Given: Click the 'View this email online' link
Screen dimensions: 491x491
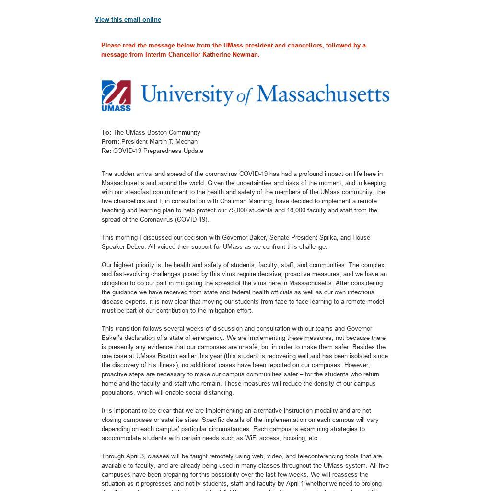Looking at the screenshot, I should pyautogui.click(x=128, y=20).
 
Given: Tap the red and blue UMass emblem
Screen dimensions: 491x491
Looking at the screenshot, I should pyautogui.click(x=116, y=95).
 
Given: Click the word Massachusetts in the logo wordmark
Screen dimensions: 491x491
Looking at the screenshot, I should pyautogui.click(x=323, y=94).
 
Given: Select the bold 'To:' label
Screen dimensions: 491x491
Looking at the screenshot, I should pyautogui.click(x=106, y=133).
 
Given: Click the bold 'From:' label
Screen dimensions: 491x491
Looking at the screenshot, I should pyautogui.click(x=110, y=142).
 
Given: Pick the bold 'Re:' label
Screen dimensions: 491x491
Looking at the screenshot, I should pyautogui.click(x=106, y=151).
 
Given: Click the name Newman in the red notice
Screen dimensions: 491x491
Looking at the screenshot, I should pyautogui.click(x=245, y=55).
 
